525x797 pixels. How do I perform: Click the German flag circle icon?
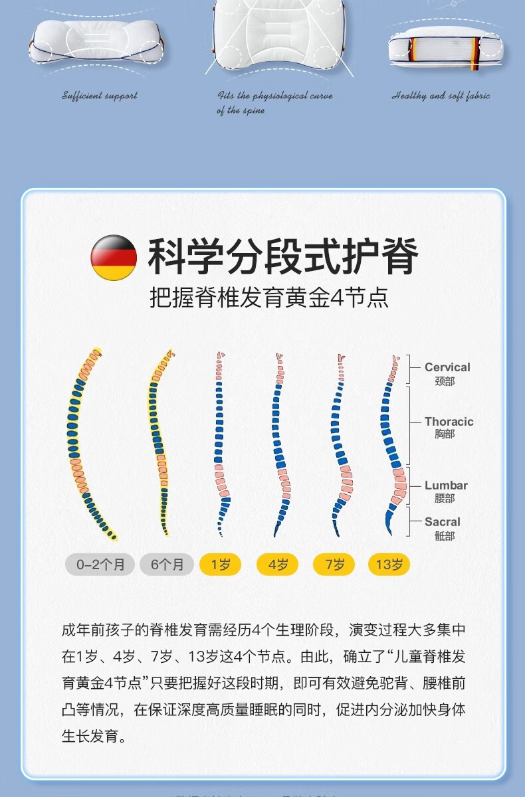[114, 257]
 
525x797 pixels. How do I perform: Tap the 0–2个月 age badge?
[100, 565]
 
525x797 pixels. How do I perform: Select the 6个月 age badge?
[167, 565]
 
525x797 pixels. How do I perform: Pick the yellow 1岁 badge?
[221, 565]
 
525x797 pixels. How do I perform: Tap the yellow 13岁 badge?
[389, 565]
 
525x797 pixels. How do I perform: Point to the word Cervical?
[447, 367]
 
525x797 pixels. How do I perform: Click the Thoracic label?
[449, 422]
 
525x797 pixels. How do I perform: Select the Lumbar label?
[446, 486]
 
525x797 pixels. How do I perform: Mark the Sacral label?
[443, 522]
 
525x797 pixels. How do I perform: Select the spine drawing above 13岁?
[392, 442]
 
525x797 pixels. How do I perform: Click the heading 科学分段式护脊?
[283, 257]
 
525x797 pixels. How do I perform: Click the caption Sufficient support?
[100, 96]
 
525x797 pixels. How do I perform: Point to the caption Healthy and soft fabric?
[441, 96]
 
